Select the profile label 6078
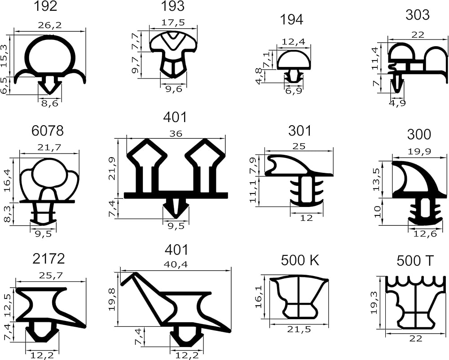(x=48, y=131)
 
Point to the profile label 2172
(x=48, y=259)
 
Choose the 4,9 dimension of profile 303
(x=395, y=103)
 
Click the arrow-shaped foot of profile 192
(x=49, y=84)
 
